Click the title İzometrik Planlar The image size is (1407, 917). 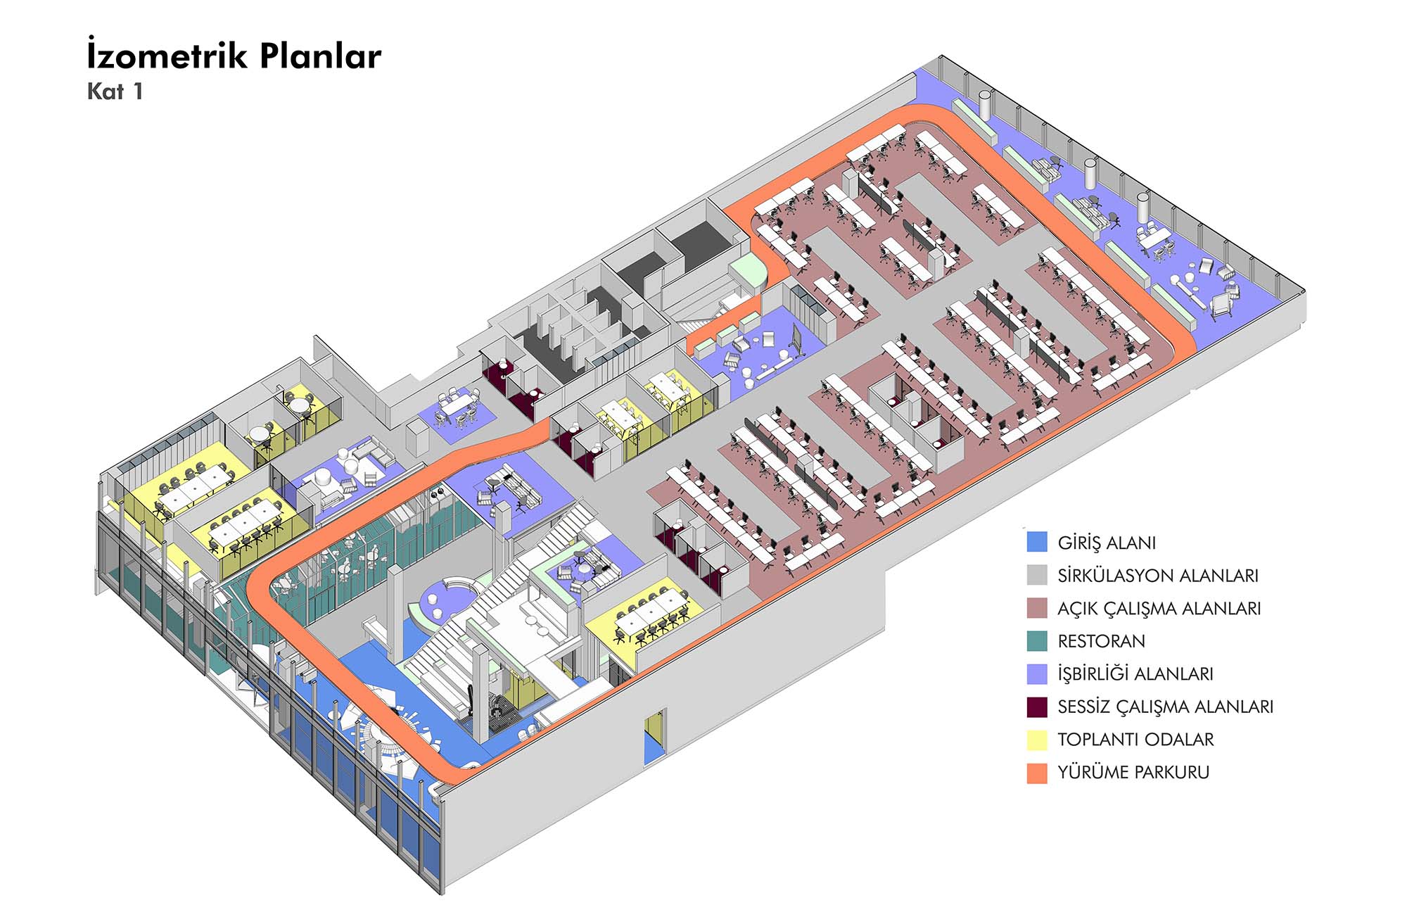(x=234, y=56)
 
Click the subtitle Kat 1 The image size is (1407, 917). (x=115, y=91)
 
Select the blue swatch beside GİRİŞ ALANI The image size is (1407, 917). (x=1037, y=542)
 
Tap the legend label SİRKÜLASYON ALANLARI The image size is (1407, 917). (x=1157, y=576)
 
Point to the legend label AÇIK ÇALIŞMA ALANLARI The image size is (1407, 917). (x=1159, y=608)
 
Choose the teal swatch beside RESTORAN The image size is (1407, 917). (x=1037, y=640)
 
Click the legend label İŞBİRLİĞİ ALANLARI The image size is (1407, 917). (x=1135, y=673)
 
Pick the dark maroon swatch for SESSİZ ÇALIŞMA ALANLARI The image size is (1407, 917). (x=1037, y=707)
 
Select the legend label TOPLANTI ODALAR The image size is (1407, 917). (x=1135, y=740)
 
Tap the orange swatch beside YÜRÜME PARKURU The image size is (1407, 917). (x=1037, y=773)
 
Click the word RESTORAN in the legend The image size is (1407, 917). (x=1101, y=641)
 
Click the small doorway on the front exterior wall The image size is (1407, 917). (x=654, y=737)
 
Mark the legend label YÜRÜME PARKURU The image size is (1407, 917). (x=1133, y=772)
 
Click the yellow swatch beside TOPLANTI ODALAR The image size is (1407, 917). (x=1037, y=740)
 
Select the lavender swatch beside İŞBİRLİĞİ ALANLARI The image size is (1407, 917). (x=1037, y=673)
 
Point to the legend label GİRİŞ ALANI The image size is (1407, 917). (x=1106, y=543)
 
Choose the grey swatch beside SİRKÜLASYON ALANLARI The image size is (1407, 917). (x=1037, y=575)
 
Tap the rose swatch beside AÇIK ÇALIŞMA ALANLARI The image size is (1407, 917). (x=1037, y=608)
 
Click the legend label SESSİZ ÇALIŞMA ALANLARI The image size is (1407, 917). (x=1165, y=707)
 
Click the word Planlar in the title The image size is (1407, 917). (x=320, y=56)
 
